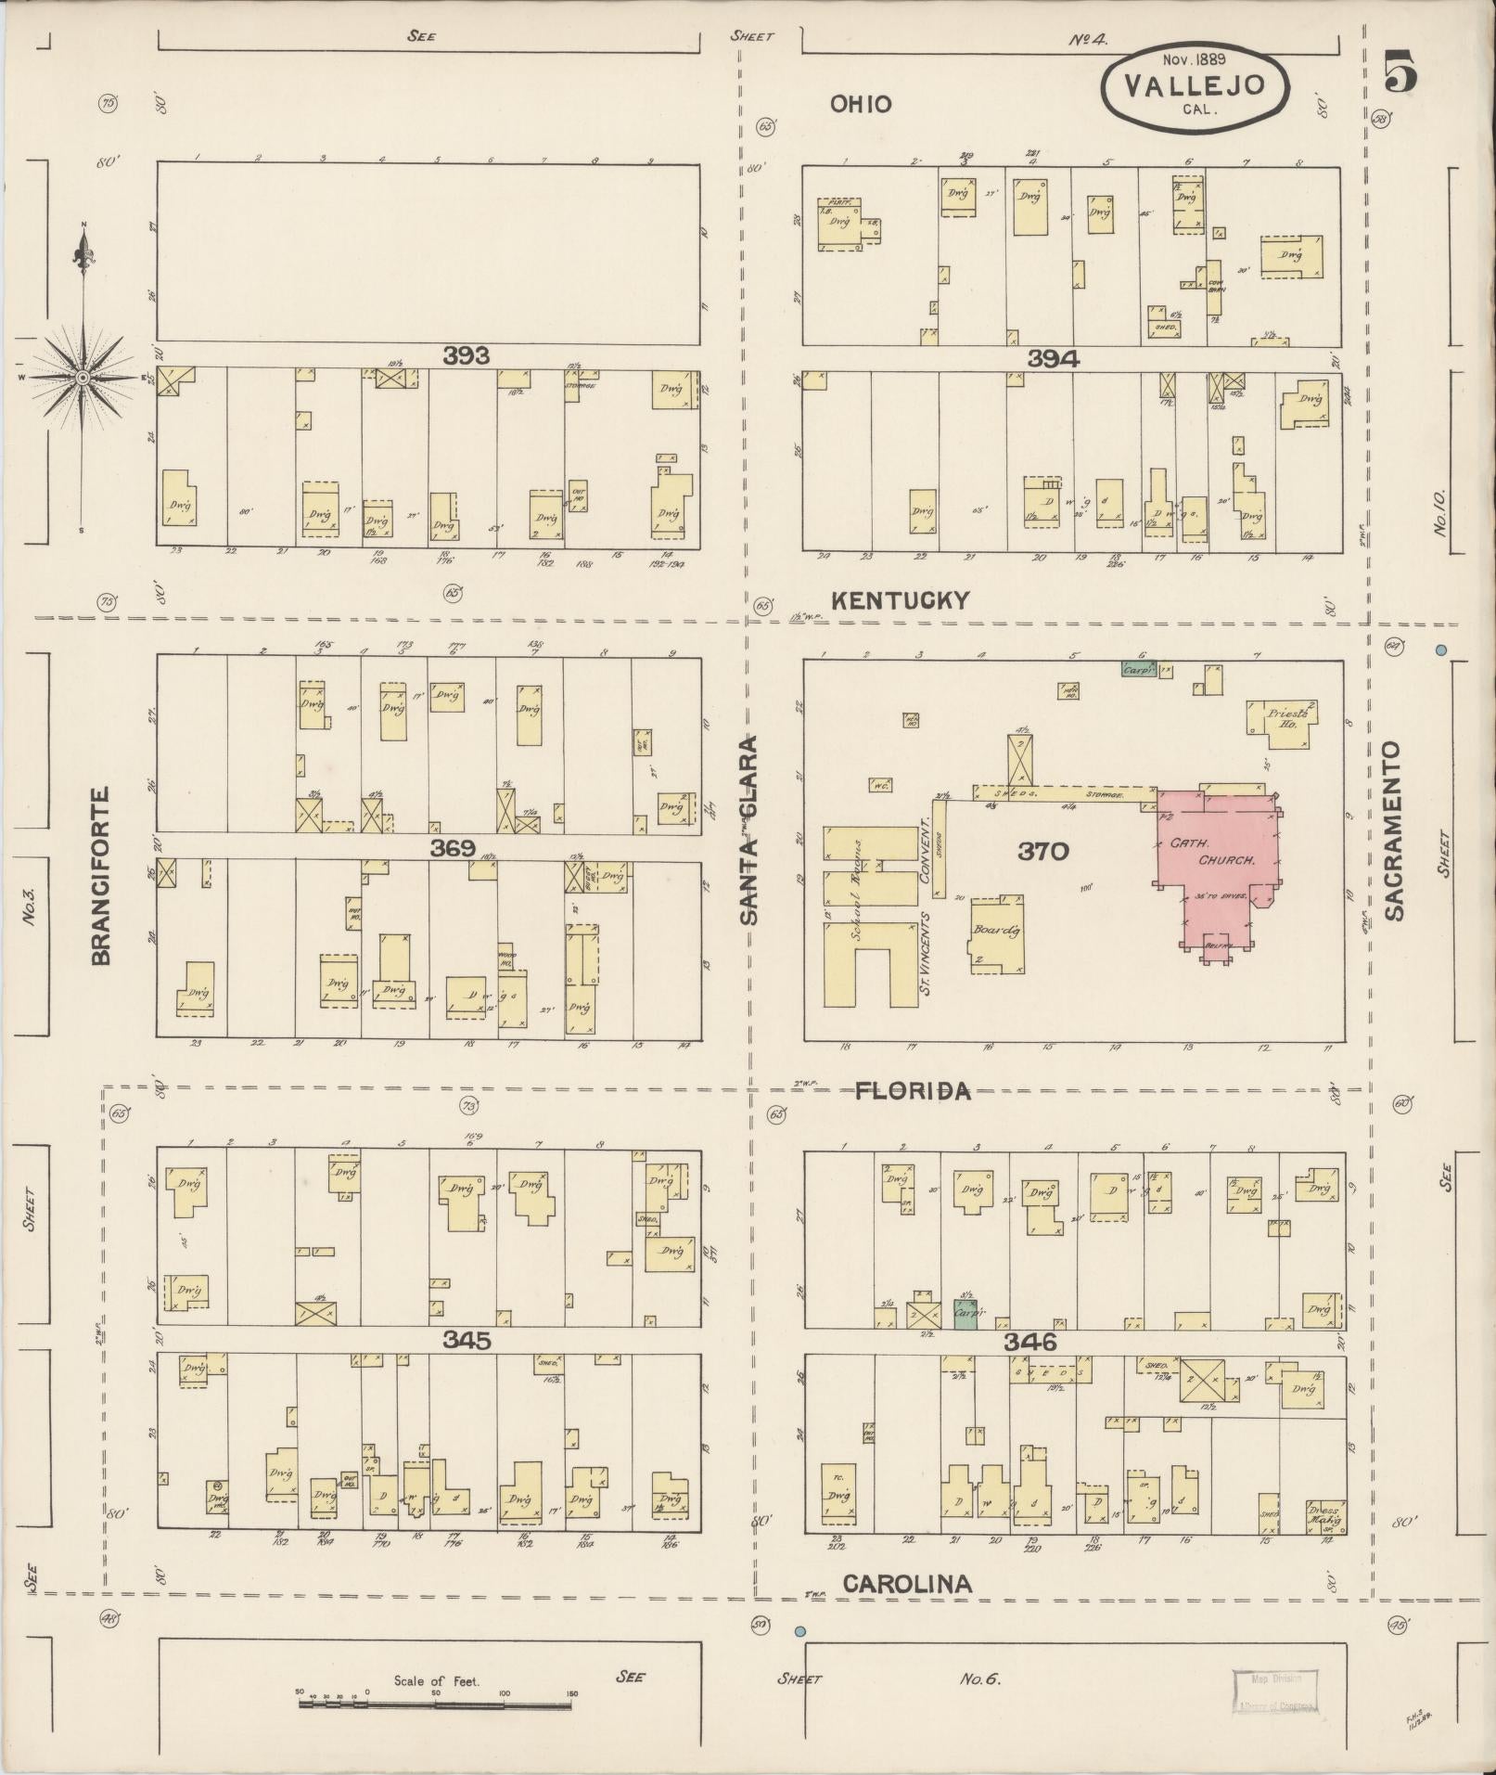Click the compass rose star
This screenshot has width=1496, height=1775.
(83, 377)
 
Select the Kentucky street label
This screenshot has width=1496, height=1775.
(899, 600)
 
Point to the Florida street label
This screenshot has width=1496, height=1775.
(912, 1090)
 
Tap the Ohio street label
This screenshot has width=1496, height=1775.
(861, 104)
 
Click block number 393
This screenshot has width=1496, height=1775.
(466, 354)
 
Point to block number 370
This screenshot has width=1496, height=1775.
(1043, 851)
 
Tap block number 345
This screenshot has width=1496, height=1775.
(467, 1340)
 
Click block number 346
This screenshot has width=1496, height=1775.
(1029, 1342)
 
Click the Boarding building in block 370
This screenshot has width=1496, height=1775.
(996, 933)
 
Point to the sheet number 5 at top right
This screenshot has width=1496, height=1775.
(1400, 74)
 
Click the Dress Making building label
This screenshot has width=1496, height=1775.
(1323, 1514)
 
